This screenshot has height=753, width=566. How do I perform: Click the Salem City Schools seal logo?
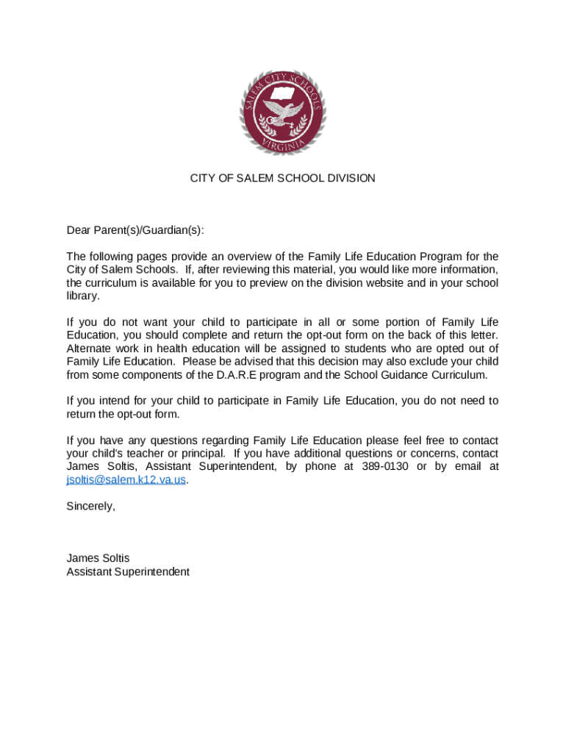(283, 113)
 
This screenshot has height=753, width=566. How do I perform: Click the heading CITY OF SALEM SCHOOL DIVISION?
(283, 179)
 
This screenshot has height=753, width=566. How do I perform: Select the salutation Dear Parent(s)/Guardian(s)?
(135, 230)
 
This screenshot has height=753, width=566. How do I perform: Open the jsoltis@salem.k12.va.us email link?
(126, 479)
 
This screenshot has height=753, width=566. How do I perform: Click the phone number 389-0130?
(387, 466)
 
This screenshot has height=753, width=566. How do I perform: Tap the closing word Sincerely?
(90, 506)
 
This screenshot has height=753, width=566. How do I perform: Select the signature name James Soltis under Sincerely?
(98, 558)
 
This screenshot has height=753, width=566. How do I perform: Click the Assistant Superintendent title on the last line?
(128, 571)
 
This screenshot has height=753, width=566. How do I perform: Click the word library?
(82, 296)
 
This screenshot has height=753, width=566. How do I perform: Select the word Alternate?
(90, 348)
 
